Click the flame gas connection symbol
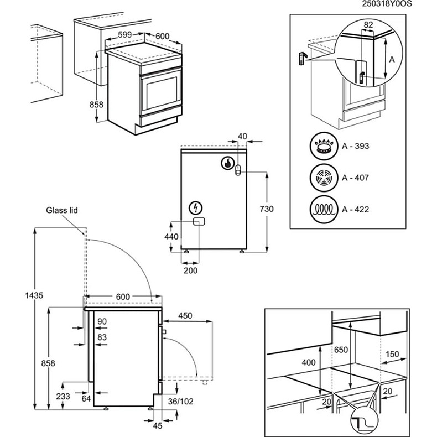click(x=227, y=163)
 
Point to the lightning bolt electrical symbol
click(x=195, y=208)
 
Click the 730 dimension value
click(x=266, y=209)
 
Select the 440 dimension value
click(x=171, y=236)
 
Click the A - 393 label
click(x=355, y=147)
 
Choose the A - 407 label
click(x=355, y=178)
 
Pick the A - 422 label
click(x=355, y=210)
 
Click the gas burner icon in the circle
click(x=324, y=147)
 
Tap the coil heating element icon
click(x=324, y=210)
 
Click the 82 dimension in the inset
click(x=368, y=25)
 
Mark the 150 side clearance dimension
click(x=393, y=354)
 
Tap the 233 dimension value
click(x=64, y=397)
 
